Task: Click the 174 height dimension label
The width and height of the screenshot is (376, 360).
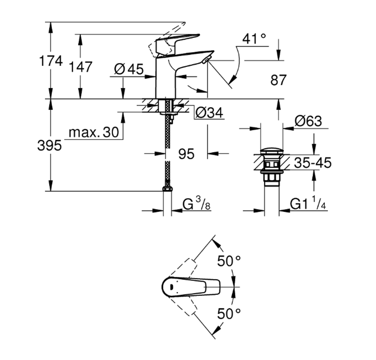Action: tap(51, 61)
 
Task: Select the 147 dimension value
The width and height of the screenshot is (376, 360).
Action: tap(80, 67)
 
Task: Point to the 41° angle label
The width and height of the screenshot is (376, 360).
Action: tap(254, 39)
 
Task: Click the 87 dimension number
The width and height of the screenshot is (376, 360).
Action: tap(278, 80)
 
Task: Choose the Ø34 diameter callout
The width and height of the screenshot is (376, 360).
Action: tap(209, 113)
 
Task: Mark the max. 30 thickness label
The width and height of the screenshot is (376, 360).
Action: tap(94, 133)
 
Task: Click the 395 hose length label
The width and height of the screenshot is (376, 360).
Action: tap(50, 146)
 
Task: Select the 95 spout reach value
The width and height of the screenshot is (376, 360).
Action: tap(186, 154)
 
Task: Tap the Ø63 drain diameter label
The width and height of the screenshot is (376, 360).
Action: tap(308, 121)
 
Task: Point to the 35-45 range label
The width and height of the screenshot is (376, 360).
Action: tap(313, 163)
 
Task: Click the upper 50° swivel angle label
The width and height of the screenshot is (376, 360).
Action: tap(229, 261)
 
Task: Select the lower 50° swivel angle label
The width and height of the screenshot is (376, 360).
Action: tap(229, 314)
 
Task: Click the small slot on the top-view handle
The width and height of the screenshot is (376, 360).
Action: tap(171, 287)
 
